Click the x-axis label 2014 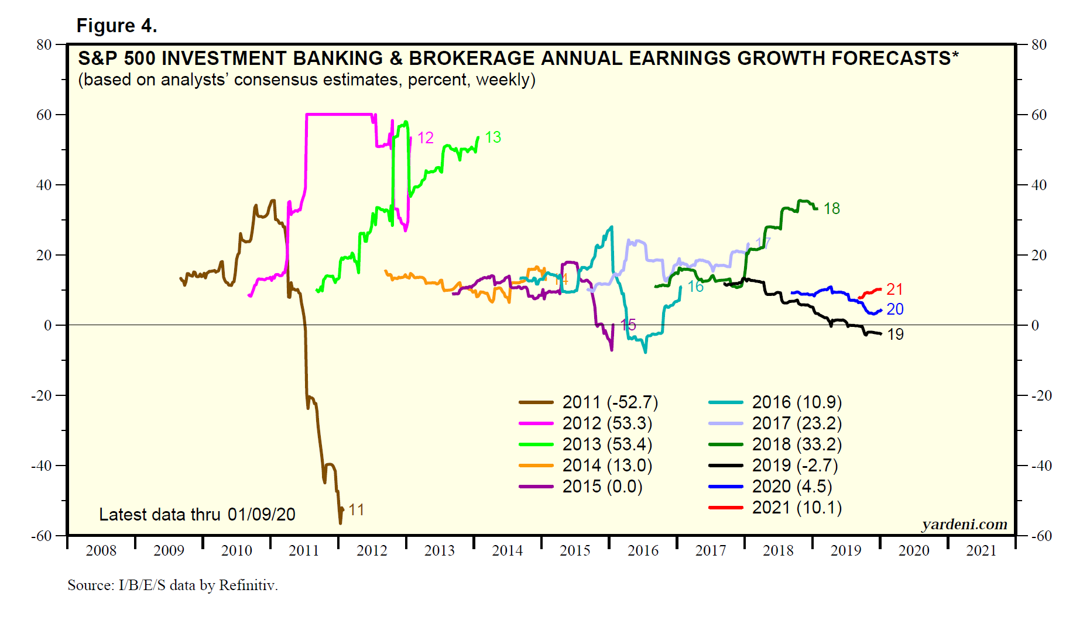(x=507, y=551)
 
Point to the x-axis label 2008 (x=101, y=551)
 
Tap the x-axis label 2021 (x=981, y=551)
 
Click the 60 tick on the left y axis (x=44, y=115)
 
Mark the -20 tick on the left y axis (x=42, y=396)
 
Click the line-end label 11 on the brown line (x=357, y=510)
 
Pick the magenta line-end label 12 (x=426, y=138)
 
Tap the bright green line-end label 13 (x=493, y=137)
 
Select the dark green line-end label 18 (x=831, y=209)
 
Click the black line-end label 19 (x=895, y=335)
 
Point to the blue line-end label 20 (x=895, y=309)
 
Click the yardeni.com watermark (x=964, y=525)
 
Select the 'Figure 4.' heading (x=116, y=26)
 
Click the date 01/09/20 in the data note (x=261, y=515)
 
